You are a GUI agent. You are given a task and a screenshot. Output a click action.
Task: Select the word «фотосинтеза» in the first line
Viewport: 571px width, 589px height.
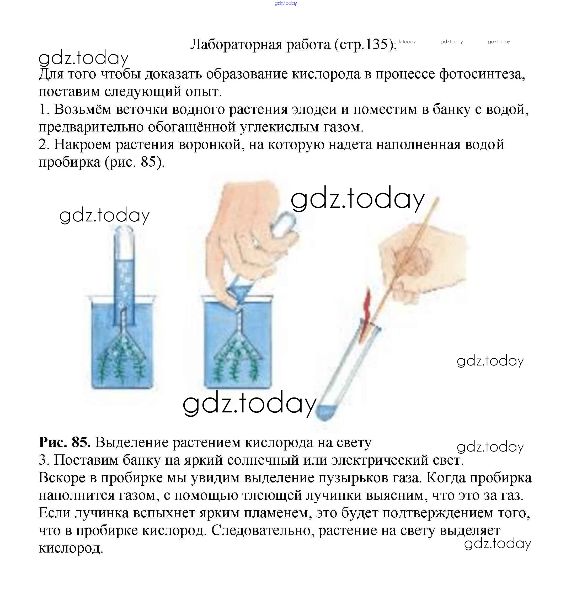click(482, 74)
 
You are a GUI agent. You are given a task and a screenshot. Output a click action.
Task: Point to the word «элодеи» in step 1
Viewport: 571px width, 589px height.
click(314, 110)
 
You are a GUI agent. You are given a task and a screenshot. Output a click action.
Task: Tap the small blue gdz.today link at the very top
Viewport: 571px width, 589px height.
click(286, 3)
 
